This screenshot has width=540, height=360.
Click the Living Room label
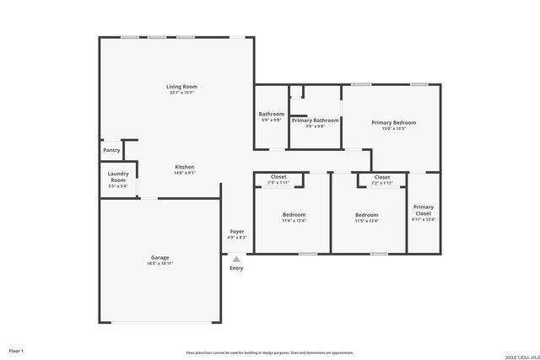tap(181, 87)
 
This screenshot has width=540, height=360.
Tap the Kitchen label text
tap(185, 166)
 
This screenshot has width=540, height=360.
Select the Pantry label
tap(111, 150)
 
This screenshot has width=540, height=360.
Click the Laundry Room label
tap(117, 177)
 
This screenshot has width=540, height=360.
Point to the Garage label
tap(160, 257)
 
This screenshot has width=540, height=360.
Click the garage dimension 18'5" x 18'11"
tap(160, 264)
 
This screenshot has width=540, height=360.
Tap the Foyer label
tap(237, 231)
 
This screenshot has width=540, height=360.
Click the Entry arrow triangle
tap(236, 259)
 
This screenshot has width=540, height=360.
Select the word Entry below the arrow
tap(236, 268)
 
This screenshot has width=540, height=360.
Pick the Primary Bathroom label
tap(315, 121)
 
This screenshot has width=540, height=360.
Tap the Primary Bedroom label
tap(394, 122)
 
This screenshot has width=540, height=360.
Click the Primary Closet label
tap(424, 210)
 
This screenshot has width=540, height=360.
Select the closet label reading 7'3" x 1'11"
tap(278, 182)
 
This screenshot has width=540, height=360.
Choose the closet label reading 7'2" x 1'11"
tap(382, 182)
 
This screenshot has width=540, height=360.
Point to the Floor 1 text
tap(16, 350)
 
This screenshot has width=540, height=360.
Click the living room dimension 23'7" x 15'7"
tap(181, 94)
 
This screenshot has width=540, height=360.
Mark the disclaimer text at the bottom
tap(270, 352)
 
